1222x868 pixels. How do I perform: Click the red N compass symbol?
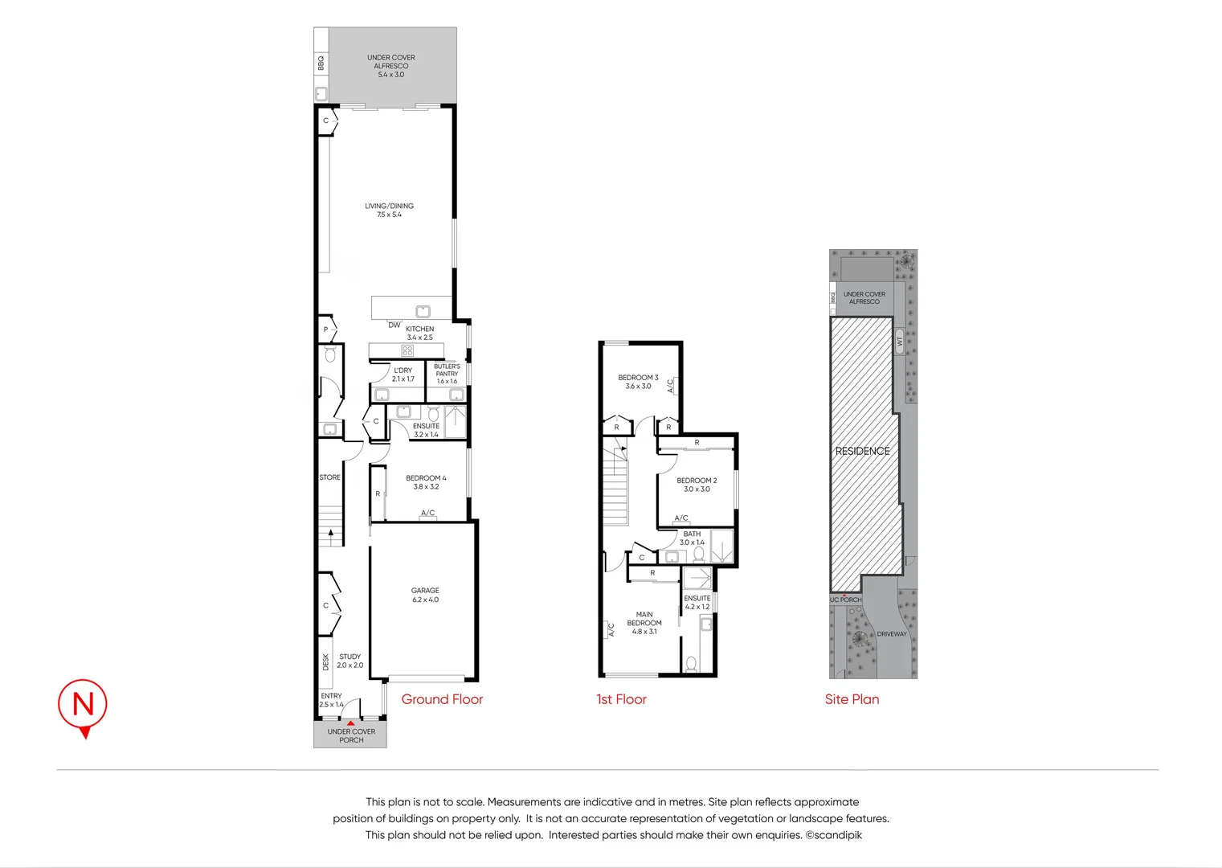[x=83, y=705]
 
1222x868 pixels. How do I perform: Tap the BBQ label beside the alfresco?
[x=321, y=63]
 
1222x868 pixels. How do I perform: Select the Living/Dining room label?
[x=389, y=210]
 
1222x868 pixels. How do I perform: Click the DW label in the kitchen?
[x=394, y=325]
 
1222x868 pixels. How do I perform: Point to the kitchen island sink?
[x=423, y=311]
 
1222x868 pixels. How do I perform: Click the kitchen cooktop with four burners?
[x=407, y=350]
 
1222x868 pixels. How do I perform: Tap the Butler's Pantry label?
[x=447, y=373]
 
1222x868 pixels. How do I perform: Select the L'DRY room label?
[x=403, y=375]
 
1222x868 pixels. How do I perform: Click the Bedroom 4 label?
[x=426, y=481]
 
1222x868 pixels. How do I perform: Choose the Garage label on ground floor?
[x=425, y=595]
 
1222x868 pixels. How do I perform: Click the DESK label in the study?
[x=326, y=661]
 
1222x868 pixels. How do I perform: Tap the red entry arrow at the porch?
[x=351, y=723]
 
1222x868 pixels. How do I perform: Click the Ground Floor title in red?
[x=442, y=699]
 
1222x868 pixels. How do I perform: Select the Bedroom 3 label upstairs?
[x=638, y=382]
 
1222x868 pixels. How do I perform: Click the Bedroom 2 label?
[x=697, y=485]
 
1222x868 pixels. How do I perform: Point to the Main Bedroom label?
[x=644, y=623]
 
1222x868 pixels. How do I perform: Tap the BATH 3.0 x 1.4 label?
[x=692, y=538]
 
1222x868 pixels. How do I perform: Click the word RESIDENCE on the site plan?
[x=862, y=451]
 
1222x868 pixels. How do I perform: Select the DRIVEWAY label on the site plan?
[x=891, y=634]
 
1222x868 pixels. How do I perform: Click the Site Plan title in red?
[x=852, y=699]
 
